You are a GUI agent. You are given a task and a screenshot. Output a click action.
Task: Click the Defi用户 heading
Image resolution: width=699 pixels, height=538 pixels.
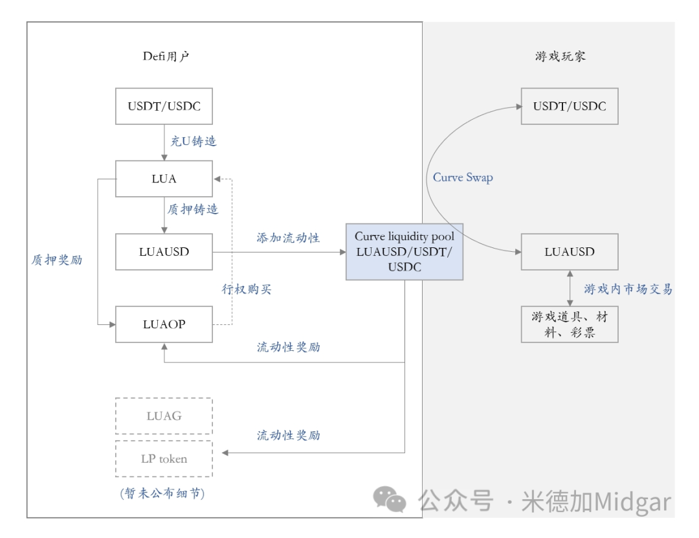pyautogui.click(x=166, y=56)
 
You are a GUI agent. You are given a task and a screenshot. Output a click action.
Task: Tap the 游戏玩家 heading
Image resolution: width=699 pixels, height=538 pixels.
pyautogui.click(x=560, y=56)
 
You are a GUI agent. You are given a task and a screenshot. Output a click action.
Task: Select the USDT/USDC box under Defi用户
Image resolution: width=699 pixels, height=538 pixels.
pyautogui.click(x=164, y=106)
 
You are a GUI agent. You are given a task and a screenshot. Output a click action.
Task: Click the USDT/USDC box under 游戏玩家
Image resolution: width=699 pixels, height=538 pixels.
pyautogui.click(x=570, y=106)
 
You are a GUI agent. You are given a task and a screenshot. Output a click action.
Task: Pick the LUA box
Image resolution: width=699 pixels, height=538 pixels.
pyautogui.click(x=164, y=179)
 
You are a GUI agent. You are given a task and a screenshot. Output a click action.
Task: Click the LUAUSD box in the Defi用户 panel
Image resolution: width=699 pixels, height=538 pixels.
pyautogui.click(x=164, y=252)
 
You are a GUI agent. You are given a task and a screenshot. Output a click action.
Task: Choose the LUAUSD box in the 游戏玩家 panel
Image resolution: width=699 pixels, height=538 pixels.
pyautogui.click(x=570, y=252)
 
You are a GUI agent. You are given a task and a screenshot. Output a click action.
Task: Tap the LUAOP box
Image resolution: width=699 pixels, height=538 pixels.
pyautogui.click(x=164, y=324)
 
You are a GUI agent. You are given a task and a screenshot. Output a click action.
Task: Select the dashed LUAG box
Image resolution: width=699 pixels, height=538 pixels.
pyautogui.click(x=164, y=416)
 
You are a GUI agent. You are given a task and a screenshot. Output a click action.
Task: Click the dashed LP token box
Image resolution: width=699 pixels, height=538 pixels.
pyautogui.click(x=164, y=459)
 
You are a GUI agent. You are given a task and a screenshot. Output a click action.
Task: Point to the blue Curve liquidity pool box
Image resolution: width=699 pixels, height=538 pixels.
pyautogui.click(x=405, y=252)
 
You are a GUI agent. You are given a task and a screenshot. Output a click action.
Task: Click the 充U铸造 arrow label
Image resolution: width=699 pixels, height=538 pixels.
pyautogui.click(x=193, y=141)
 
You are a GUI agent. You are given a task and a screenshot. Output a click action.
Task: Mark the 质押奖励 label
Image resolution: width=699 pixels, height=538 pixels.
pyautogui.click(x=57, y=260)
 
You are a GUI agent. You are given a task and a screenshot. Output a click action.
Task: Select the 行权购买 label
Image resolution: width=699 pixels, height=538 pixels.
pyautogui.click(x=245, y=289)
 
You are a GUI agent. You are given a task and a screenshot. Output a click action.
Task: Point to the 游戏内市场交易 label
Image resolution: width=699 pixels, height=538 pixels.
pyautogui.click(x=628, y=289)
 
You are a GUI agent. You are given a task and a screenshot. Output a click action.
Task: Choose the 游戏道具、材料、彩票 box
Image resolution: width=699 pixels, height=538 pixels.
pyautogui.click(x=570, y=324)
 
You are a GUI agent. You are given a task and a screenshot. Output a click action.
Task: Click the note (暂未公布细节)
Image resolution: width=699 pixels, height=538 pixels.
pyautogui.click(x=162, y=494)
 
